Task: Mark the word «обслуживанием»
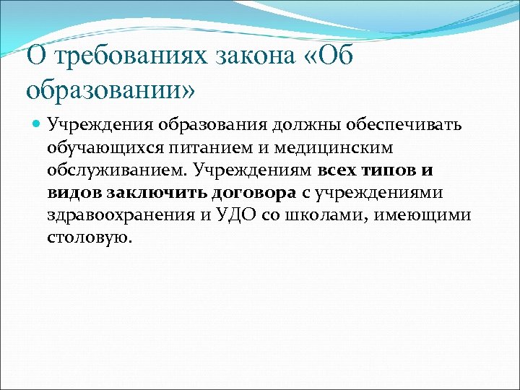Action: pyautogui.click(x=116, y=172)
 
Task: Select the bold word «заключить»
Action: pyautogui.click(x=157, y=194)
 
